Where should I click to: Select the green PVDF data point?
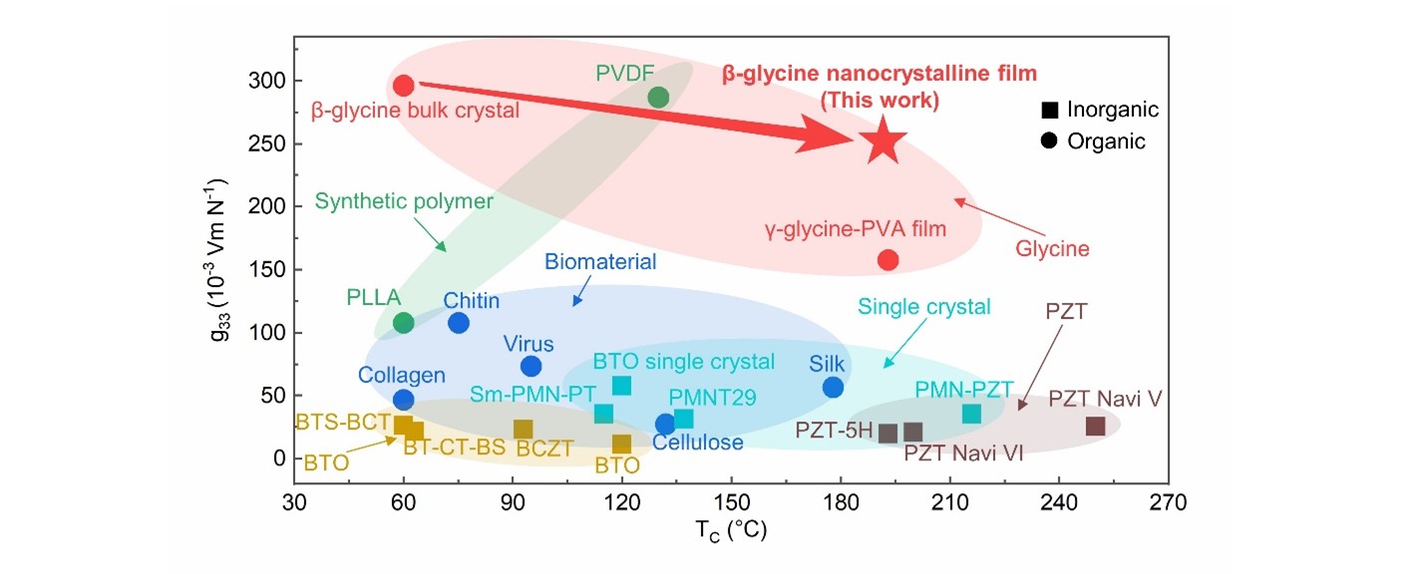point(658,97)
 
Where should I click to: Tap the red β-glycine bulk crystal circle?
point(403,86)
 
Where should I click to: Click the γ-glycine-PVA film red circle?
point(888,260)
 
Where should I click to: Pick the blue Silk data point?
point(833,387)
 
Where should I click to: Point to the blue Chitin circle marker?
point(459,322)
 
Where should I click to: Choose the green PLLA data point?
point(403,322)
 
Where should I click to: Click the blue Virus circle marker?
point(531,366)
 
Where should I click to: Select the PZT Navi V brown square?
point(1095,426)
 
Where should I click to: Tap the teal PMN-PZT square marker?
point(971,414)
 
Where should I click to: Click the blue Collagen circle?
point(403,400)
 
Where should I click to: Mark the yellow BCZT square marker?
point(523,429)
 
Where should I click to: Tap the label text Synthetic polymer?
point(404,201)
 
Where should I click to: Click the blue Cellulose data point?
point(665,425)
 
